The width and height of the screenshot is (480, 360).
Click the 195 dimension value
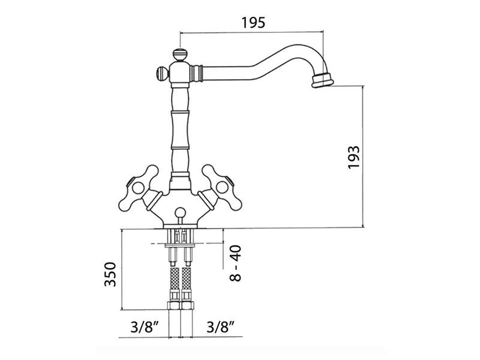coord(253,23)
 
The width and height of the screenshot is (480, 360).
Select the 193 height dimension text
coord(353,157)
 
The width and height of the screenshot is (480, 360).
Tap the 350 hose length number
coord(110,274)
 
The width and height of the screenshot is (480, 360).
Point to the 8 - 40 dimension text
coord(236,263)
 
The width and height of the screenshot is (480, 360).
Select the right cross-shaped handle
coord(220,187)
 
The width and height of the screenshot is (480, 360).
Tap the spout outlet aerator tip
coord(322,80)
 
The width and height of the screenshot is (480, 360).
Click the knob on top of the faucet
coord(179,55)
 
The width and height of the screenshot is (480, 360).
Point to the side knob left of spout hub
coord(162,74)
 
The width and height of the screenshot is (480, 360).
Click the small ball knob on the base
coord(180,212)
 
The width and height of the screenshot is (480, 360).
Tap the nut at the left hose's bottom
coord(174,305)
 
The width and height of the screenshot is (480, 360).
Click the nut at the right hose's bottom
coord(187,305)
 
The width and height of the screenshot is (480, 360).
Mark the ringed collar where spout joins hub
coord(197,74)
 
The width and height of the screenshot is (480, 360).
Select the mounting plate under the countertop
coord(180,245)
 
